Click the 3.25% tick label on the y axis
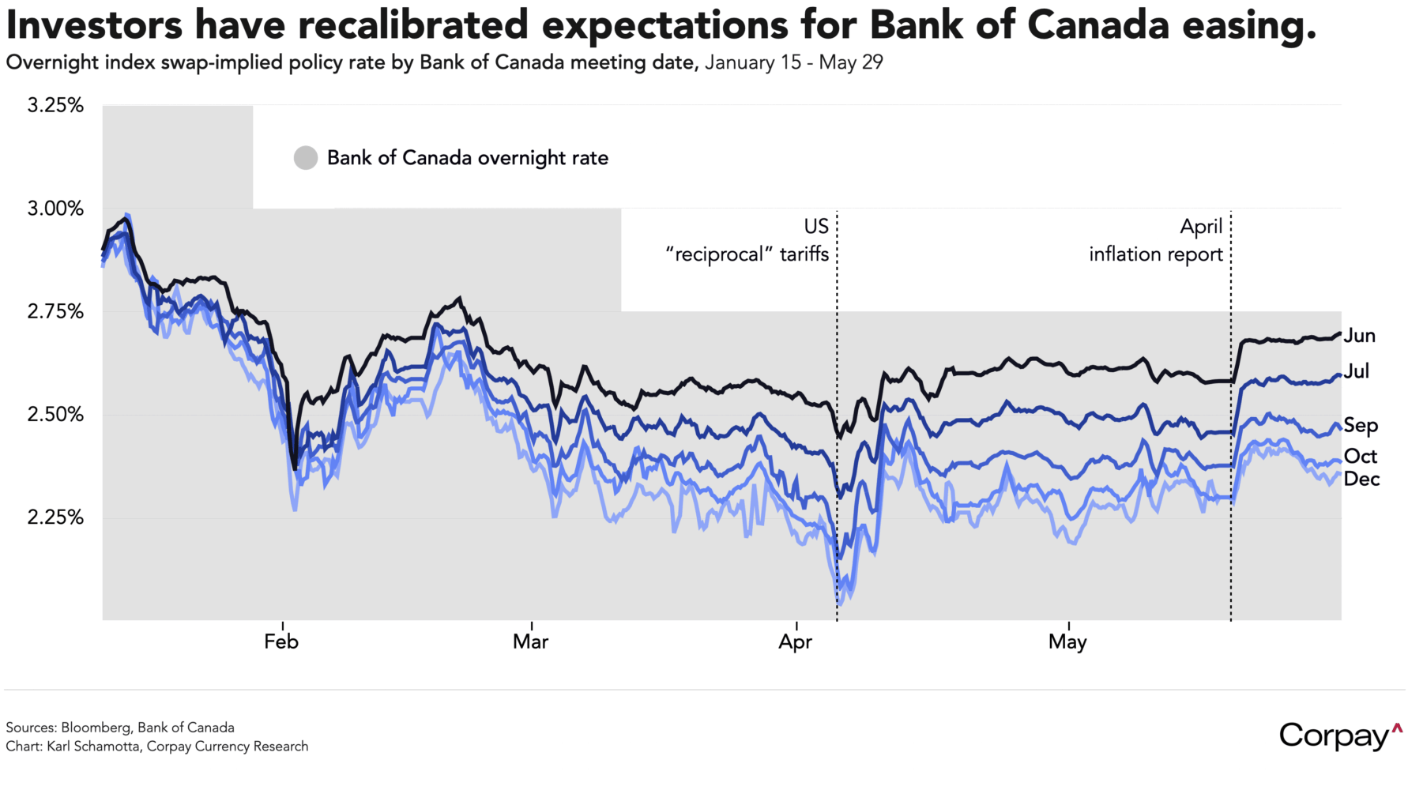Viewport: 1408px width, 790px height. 55,105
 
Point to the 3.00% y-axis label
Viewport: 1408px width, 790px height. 55,209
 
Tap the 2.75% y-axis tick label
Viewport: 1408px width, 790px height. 55,311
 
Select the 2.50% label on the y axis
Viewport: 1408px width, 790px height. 55,414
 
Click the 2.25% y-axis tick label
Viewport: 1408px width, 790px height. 55,517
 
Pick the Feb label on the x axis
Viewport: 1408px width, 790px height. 281,641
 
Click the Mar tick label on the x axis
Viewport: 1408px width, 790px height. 530,641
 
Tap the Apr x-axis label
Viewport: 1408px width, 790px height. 795,641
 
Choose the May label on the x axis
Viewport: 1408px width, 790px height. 1067,641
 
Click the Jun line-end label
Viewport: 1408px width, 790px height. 1360,336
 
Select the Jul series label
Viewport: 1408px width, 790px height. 1357,371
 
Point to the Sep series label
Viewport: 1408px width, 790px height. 1361,426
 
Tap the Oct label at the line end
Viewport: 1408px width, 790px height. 1361,457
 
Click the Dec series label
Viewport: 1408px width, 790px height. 1361,479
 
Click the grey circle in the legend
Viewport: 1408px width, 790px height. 306,158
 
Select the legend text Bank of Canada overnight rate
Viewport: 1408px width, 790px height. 468,158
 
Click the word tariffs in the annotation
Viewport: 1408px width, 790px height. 804,254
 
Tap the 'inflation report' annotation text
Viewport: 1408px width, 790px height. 1155,254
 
